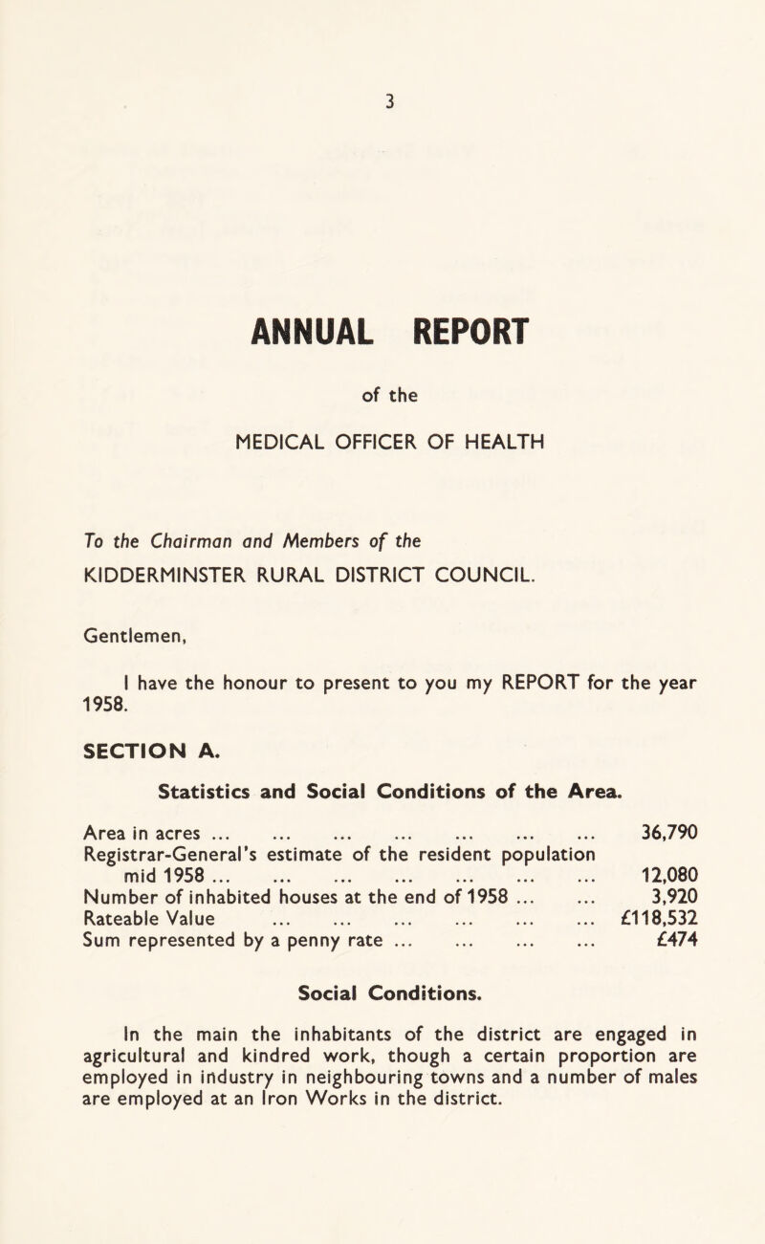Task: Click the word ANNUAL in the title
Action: (286, 338)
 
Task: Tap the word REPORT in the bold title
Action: (449, 338)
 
